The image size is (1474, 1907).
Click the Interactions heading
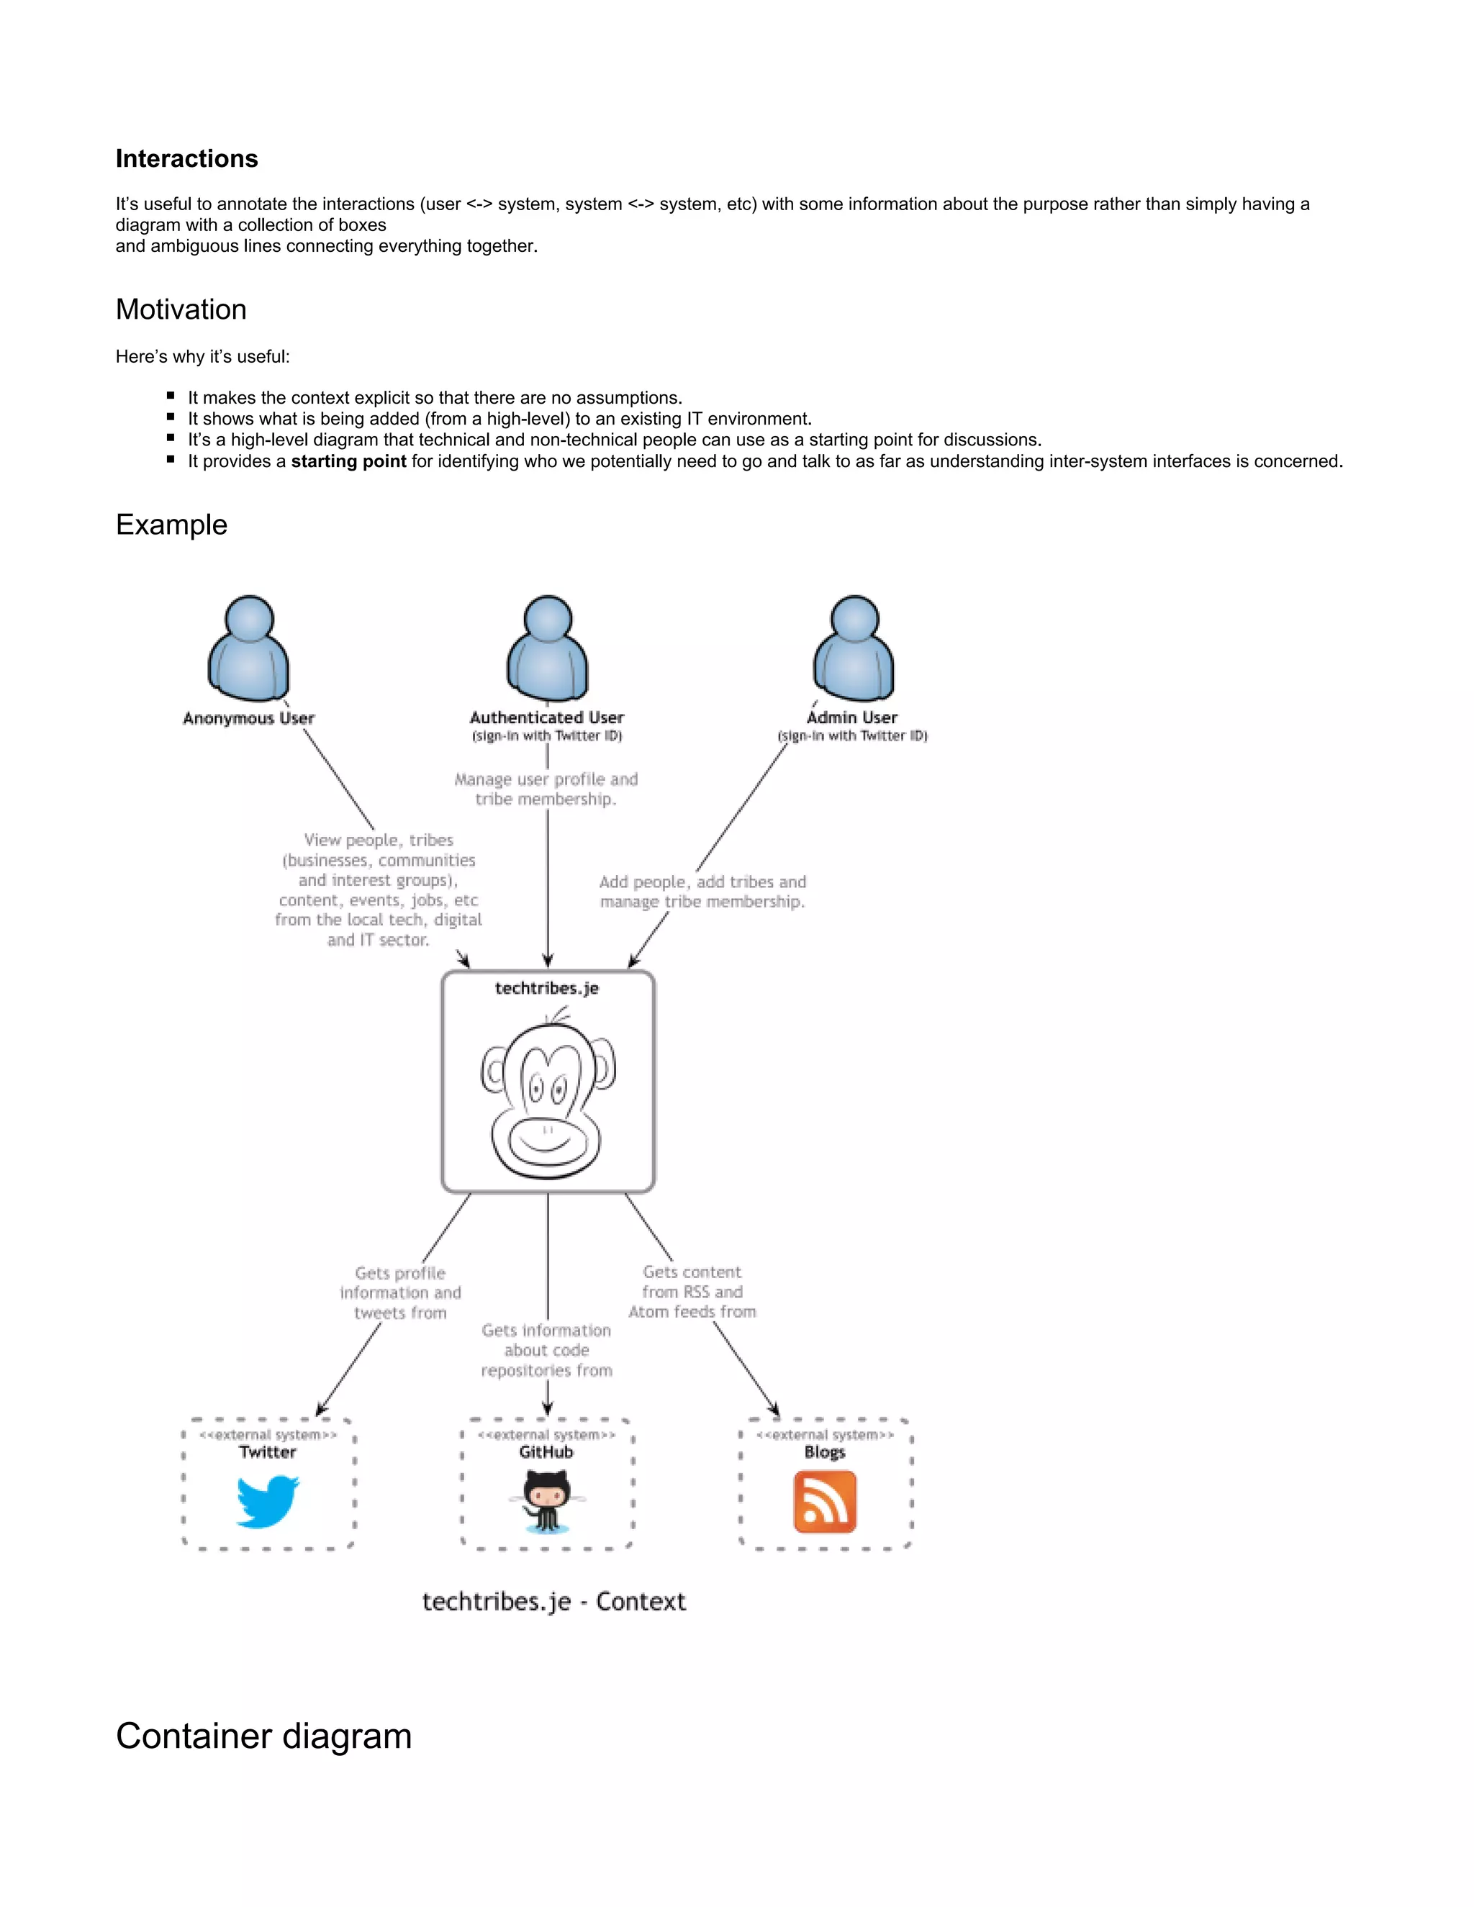pyautogui.click(x=187, y=159)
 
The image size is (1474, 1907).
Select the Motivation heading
pyautogui.click(x=181, y=310)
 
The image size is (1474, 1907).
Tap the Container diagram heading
pyautogui.click(x=263, y=1735)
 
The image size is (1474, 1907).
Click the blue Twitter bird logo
pyautogui.click(x=268, y=1501)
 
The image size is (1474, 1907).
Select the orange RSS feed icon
pyautogui.click(x=824, y=1502)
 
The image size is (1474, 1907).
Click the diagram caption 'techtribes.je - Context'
pyautogui.click(x=553, y=1601)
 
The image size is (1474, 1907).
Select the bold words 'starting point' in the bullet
pyautogui.click(x=348, y=461)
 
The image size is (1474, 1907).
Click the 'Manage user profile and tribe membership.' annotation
pyautogui.click(x=546, y=789)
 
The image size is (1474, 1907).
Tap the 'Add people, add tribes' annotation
pyautogui.click(x=702, y=892)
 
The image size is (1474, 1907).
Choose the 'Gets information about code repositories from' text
pyautogui.click(x=547, y=1350)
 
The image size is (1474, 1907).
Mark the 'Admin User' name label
pyautogui.click(x=852, y=717)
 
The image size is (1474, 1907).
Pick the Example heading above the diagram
pyautogui.click(x=171, y=525)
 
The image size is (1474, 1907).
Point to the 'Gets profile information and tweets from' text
pyautogui.click(x=400, y=1293)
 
